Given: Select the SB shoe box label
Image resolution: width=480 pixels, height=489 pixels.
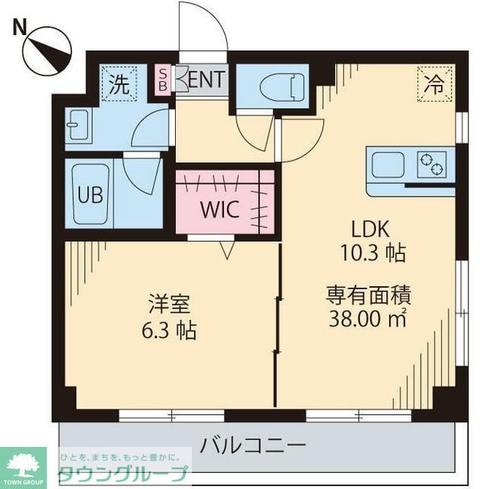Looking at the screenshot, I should click(163, 79).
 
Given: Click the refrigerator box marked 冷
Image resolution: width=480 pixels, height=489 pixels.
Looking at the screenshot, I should click(434, 84).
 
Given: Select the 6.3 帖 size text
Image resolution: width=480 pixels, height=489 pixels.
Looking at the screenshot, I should click(170, 331).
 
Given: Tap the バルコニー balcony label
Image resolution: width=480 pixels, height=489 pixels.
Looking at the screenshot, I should click(254, 444).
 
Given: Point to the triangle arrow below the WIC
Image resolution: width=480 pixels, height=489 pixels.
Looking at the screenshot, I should click(225, 248).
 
